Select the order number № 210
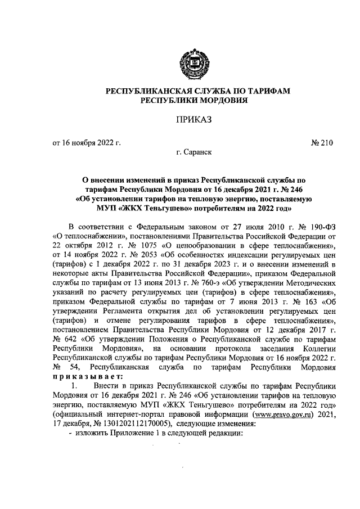(322, 143)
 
